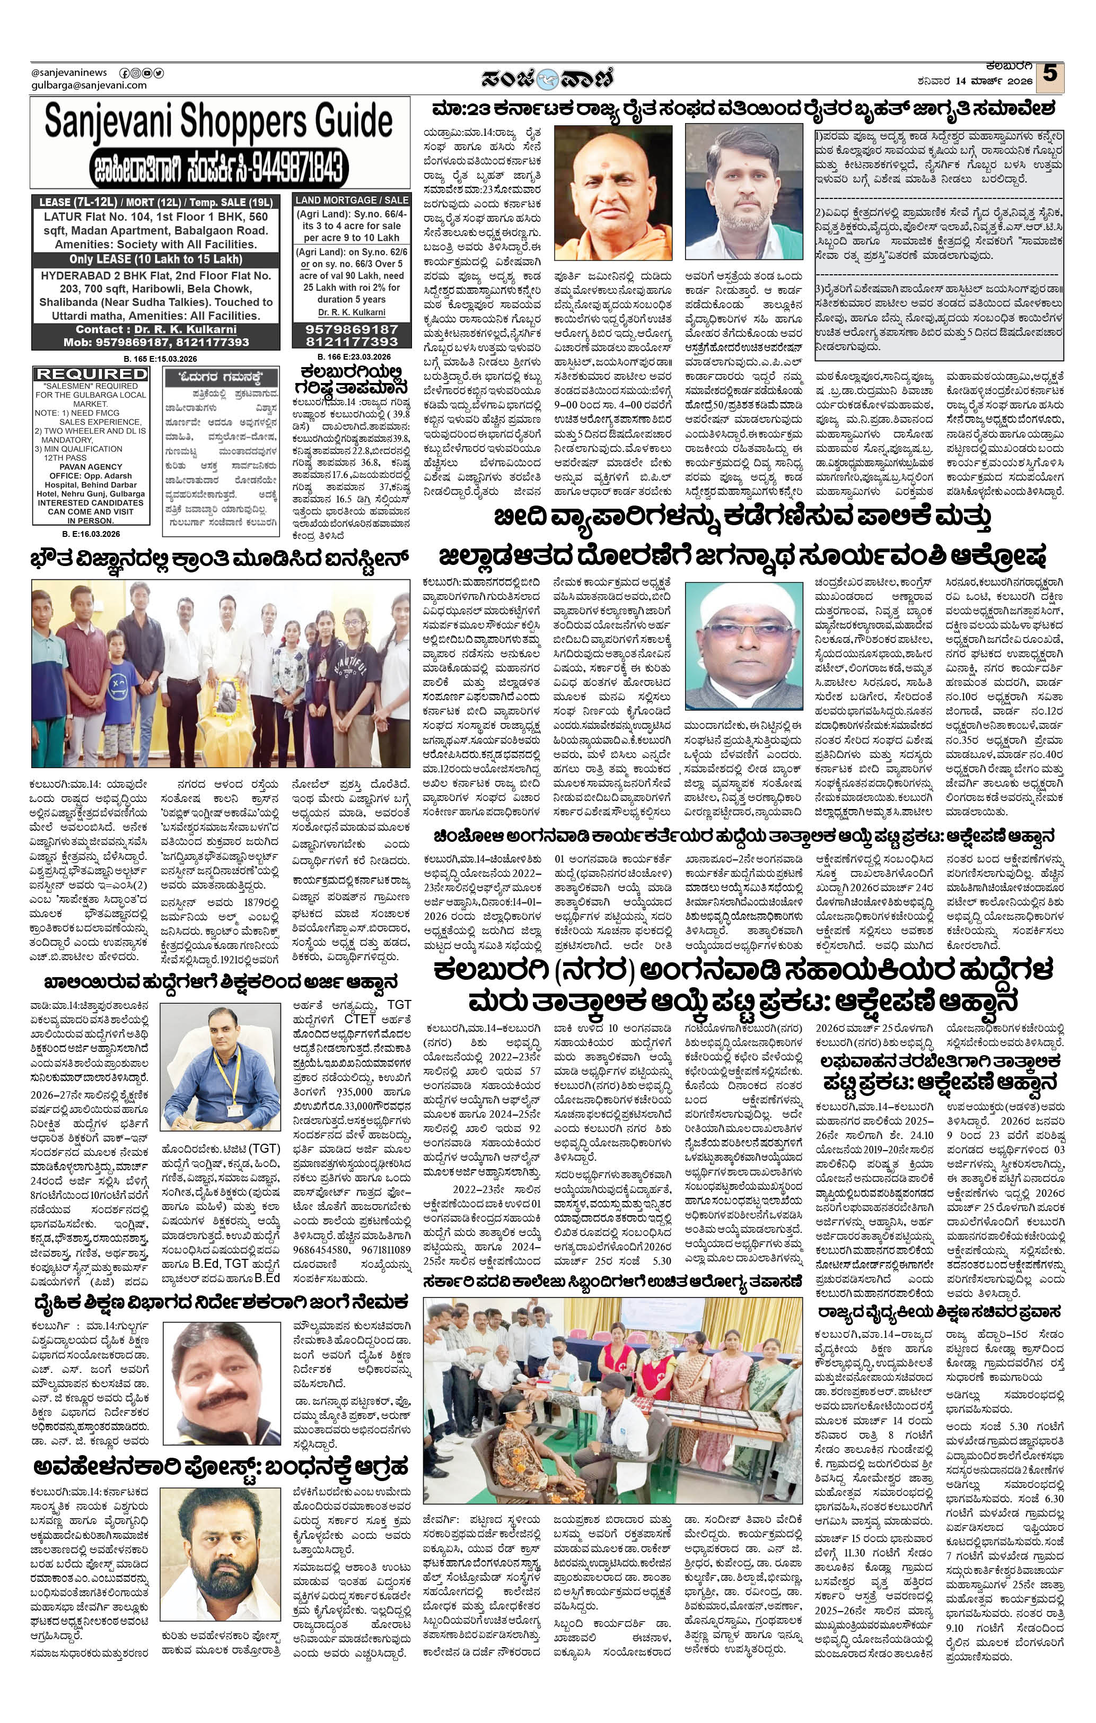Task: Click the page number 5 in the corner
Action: pyautogui.click(x=1049, y=74)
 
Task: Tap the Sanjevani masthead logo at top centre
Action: pyautogui.click(x=547, y=77)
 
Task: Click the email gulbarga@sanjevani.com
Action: pyautogui.click(x=89, y=85)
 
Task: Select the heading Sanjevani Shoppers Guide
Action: pyautogui.click(x=219, y=121)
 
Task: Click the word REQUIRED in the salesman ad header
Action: pyautogui.click(x=92, y=374)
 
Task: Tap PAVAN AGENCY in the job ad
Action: pyautogui.click(x=90, y=466)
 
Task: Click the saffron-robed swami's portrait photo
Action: pyautogui.click(x=613, y=192)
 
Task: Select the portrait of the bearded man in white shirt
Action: pyautogui.click(x=744, y=192)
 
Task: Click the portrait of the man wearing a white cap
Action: pyautogui.click(x=744, y=646)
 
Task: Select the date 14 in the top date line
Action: pyautogui.click(x=965, y=81)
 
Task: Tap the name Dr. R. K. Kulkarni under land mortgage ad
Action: pyautogui.click(x=351, y=312)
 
